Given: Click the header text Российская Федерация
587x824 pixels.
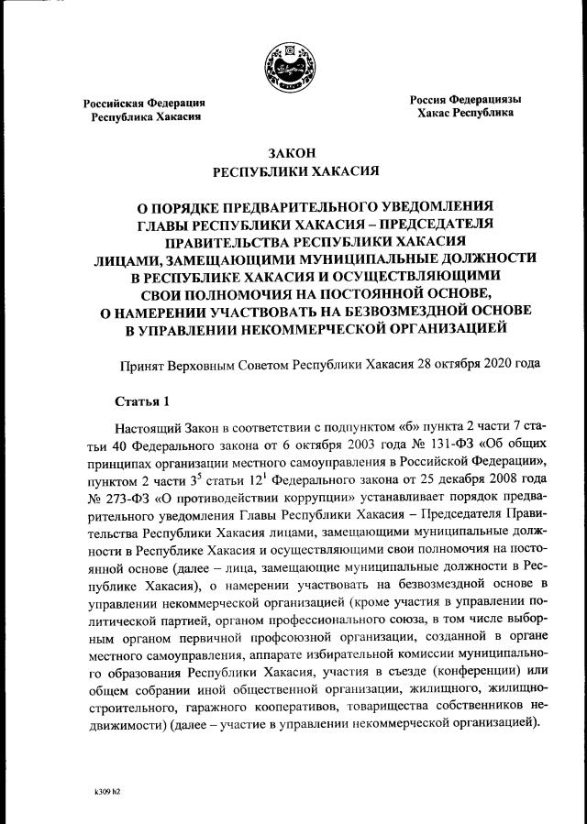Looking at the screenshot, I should [144, 104].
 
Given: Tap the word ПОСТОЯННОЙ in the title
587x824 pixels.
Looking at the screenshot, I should [338, 292].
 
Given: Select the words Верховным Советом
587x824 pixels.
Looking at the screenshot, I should [215, 363].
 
